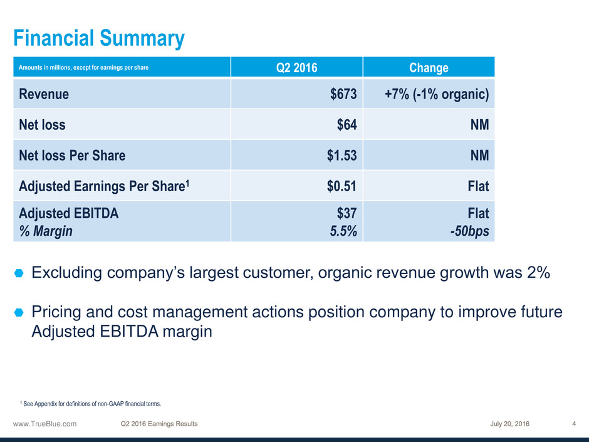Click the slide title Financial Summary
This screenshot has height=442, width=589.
click(x=99, y=39)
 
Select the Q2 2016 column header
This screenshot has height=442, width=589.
click(x=296, y=68)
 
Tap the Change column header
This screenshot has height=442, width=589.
click(x=429, y=68)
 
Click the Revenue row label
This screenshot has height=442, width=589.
click(x=44, y=94)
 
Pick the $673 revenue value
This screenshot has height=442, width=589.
click(x=343, y=94)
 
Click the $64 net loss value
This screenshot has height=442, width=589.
click(x=347, y=125)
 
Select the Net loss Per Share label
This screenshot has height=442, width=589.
click(x=72, y=155)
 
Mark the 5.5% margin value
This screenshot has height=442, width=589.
click(x=344, y=231)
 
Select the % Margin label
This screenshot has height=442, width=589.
click(x=46, y=231)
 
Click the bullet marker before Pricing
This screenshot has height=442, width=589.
click(x=18, y=312)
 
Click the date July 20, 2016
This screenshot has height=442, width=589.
click(x=509, y=424)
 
